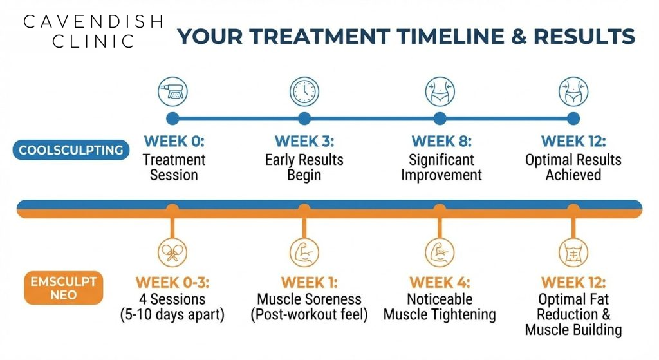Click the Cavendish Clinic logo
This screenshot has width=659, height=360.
(x=93, y=32)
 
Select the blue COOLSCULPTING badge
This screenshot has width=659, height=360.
(x=71, y=150)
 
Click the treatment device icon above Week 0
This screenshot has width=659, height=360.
(x=172, y=91)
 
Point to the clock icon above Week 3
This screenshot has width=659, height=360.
(x=304, y=91)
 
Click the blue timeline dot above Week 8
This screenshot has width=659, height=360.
(x=440, y=118)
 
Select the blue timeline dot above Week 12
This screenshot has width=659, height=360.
(x=573, y=118)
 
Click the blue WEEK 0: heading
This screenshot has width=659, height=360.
(x=174, y=141)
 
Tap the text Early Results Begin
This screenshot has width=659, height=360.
(x=304, y=167)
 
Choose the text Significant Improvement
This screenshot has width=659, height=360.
(x=441, y=167)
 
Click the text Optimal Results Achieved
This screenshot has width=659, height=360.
(x=573, y=167)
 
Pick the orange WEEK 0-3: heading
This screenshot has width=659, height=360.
(x=172, y=283)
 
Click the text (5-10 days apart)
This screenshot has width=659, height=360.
(x=172, y=316)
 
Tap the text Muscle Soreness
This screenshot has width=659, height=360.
(x=309, y=299)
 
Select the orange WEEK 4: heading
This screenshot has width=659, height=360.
(x=440, y=283)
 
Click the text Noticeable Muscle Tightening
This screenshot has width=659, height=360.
(x=440, y=307)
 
